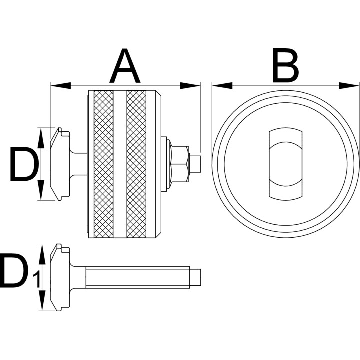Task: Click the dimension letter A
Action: click(x=125, y=66)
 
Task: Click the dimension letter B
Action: click(x=285, y=66)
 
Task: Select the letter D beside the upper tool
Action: click(x=24, y=164)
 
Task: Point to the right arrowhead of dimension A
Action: click(x=190, y=86)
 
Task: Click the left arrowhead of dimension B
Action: click(x=222, y=86)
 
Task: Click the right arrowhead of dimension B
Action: click(x=349, y=86)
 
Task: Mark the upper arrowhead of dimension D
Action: click(x=41, y=138)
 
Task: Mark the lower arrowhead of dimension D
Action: click(x=41, y=190)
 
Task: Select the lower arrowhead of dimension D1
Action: click(x=42, y=300)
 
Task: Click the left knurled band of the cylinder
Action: click(x=104, y=164)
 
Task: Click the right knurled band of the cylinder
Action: click(x=136, y=164)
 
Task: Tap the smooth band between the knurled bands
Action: click(x=120, y=164)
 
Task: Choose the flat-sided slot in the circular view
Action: click(x=285, y=164)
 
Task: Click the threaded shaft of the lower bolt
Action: click(x=138, y=277)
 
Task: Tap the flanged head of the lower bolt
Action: click(x=60, y=277)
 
